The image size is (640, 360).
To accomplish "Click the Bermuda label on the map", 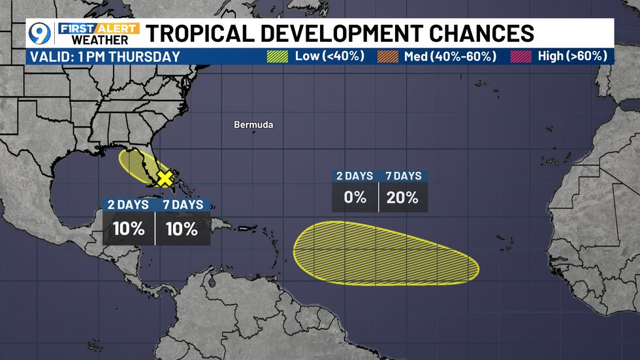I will (253, 125).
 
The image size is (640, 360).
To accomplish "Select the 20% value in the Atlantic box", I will (402, 197).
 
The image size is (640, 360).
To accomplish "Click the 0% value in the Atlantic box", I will (355, 197).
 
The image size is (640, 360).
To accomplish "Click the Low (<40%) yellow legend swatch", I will (277, 56).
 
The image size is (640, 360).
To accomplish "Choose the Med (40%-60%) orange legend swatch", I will (388, 56).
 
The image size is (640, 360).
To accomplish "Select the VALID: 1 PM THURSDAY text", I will (105, 57).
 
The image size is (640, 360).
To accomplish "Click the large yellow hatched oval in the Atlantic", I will (385, 255).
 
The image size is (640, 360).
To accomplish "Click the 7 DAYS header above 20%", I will (402, 176).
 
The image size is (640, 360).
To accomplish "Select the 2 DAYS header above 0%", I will (355, 176).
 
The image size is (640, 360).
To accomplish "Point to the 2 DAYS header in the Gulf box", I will (128, 204).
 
